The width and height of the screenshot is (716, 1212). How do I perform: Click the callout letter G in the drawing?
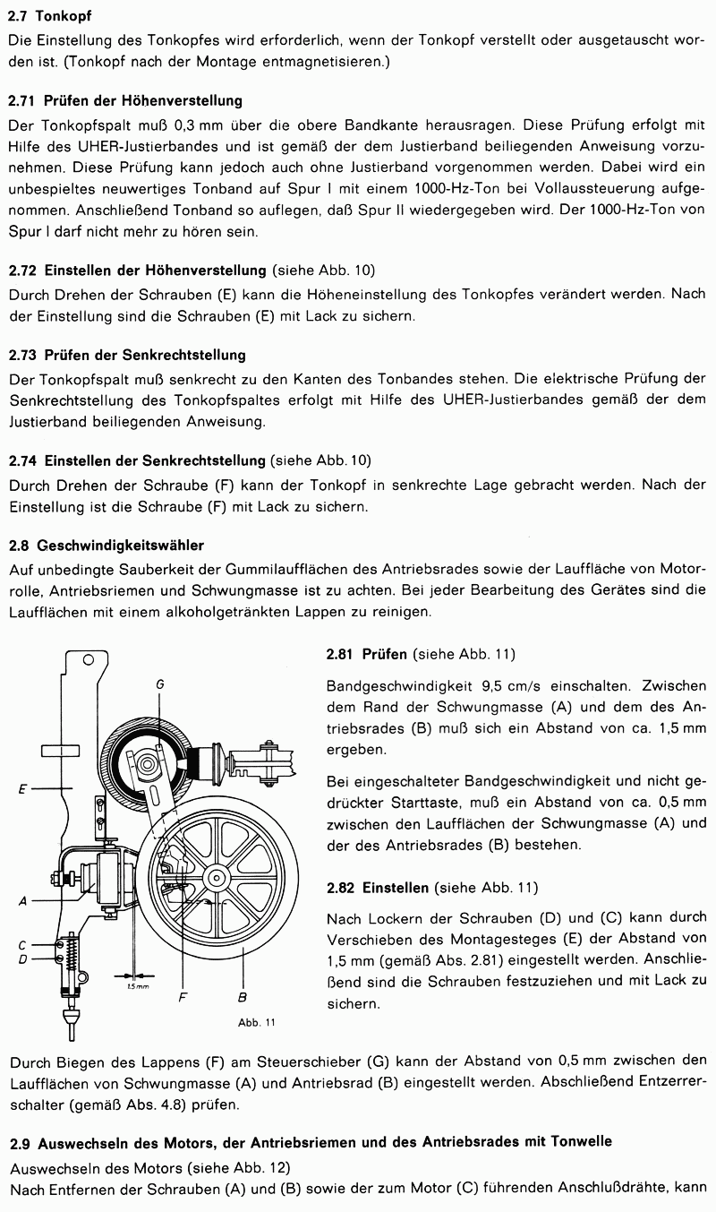[159, 683]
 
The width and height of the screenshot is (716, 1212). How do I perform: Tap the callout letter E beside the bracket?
[21, 789]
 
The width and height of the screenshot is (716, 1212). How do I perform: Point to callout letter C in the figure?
[21, 943]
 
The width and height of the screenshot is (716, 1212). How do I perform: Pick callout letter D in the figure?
[21, 959]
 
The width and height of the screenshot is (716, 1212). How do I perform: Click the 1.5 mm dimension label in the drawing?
[136, 985]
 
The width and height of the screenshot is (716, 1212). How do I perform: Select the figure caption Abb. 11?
[256, 1022]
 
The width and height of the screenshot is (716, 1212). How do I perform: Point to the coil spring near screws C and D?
[69, 953]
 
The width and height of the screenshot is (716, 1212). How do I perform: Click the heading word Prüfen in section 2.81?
[385, 654]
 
